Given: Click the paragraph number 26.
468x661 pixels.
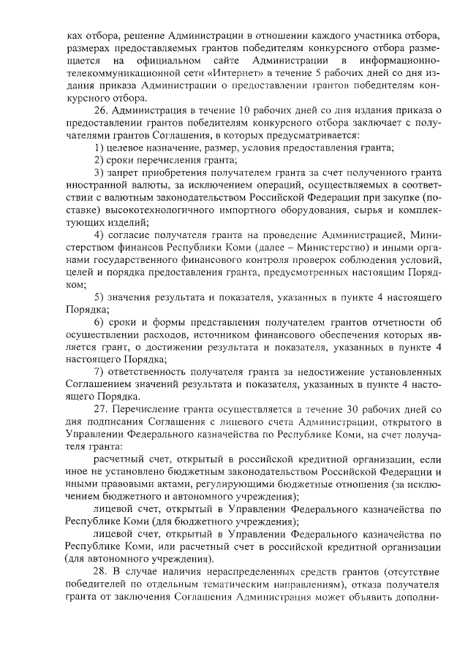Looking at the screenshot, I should point(102,110).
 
